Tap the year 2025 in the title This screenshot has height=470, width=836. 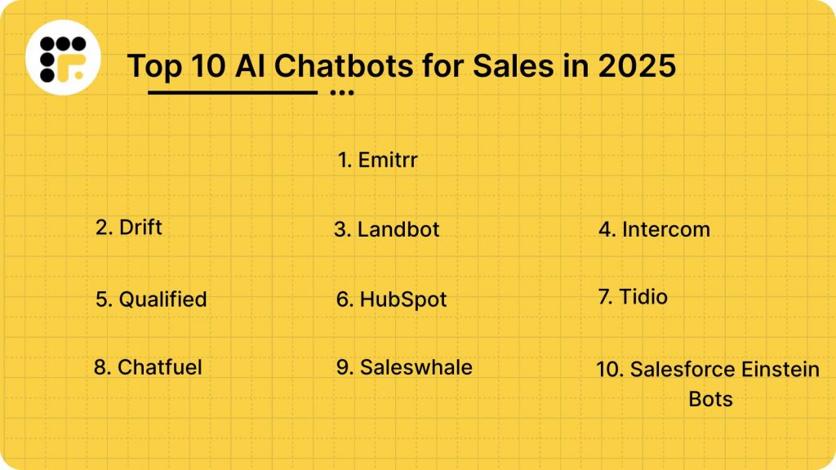coord(638,66)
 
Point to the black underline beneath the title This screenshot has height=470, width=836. coord(233,92)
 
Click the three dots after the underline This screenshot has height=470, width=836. coord(342,93)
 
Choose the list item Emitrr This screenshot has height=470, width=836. coord(378,160)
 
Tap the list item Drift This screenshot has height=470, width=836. coord(129,227)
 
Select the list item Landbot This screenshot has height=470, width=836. coord(387,229)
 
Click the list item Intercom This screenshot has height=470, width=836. coord(654,229)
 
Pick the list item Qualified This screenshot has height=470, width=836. coord(151,299)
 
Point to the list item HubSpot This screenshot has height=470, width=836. coord(392,299)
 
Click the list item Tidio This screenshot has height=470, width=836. coord(633,297)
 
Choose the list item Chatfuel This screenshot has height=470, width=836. coord(148,367)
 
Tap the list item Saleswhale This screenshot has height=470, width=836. coord(404,367)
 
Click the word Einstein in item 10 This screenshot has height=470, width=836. coord(780,370)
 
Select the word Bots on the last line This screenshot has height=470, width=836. coord(710,399)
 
